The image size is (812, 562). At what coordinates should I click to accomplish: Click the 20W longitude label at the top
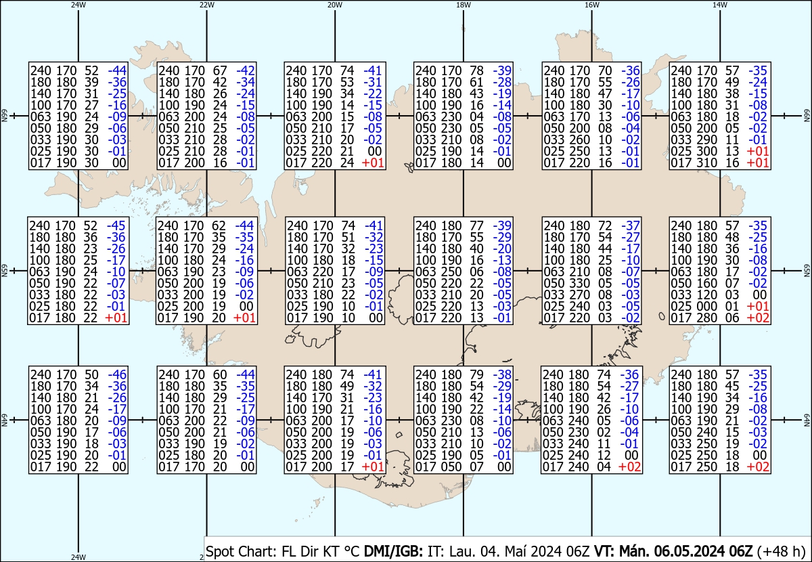[334, 5]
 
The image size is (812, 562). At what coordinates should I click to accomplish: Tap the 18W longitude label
[463, 5]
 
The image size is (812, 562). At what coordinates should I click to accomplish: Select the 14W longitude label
[720, 5]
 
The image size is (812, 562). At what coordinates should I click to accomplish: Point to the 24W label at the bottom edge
[78, 557]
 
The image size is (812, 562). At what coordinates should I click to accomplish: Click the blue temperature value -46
[117, 374]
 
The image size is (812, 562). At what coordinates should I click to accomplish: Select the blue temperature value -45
[117, 225]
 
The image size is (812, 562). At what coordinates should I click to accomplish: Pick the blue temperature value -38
[502, 374]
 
